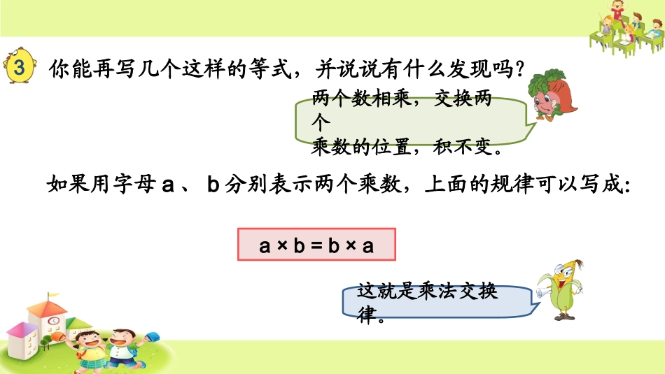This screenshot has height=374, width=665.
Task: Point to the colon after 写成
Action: click(626, 187)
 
